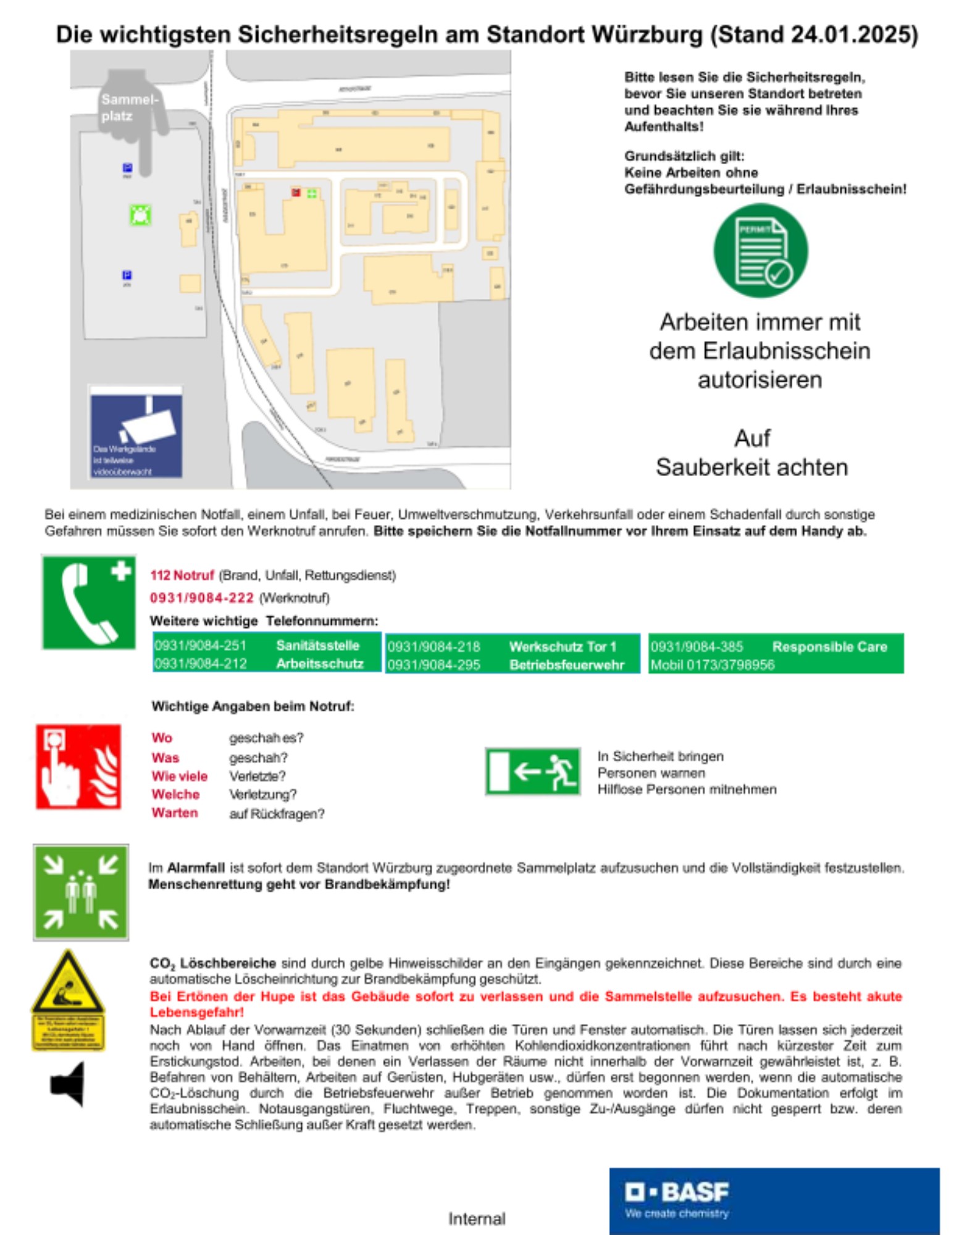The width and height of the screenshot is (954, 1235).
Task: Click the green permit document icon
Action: coord(760,251)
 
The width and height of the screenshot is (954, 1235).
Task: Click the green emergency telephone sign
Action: coord(89,602)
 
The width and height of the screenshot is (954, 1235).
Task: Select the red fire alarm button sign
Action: coord(78,766)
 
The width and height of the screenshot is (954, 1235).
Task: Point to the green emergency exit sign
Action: coord(533,771)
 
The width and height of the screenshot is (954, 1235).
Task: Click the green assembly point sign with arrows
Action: coord(81,892)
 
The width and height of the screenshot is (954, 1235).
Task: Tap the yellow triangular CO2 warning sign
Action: coord(68,983)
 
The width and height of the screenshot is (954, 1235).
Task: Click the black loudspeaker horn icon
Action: coord(68,1084)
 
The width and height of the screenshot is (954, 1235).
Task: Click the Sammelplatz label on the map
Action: coord(130,107)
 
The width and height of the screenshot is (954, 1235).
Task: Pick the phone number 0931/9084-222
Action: coord(202,598)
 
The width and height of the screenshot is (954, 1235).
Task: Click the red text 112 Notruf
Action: coord(182,575)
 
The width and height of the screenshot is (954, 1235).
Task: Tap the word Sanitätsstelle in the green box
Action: coord(317,645)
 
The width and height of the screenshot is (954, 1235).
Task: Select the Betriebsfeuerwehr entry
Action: coord(566,664)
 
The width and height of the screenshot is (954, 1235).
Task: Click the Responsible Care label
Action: coord(829,647)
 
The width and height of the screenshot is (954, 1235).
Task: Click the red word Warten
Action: coord(175,813)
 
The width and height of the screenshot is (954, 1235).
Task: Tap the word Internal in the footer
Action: coord(477,1218)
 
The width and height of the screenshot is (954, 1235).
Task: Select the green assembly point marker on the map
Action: coord(141,215)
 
